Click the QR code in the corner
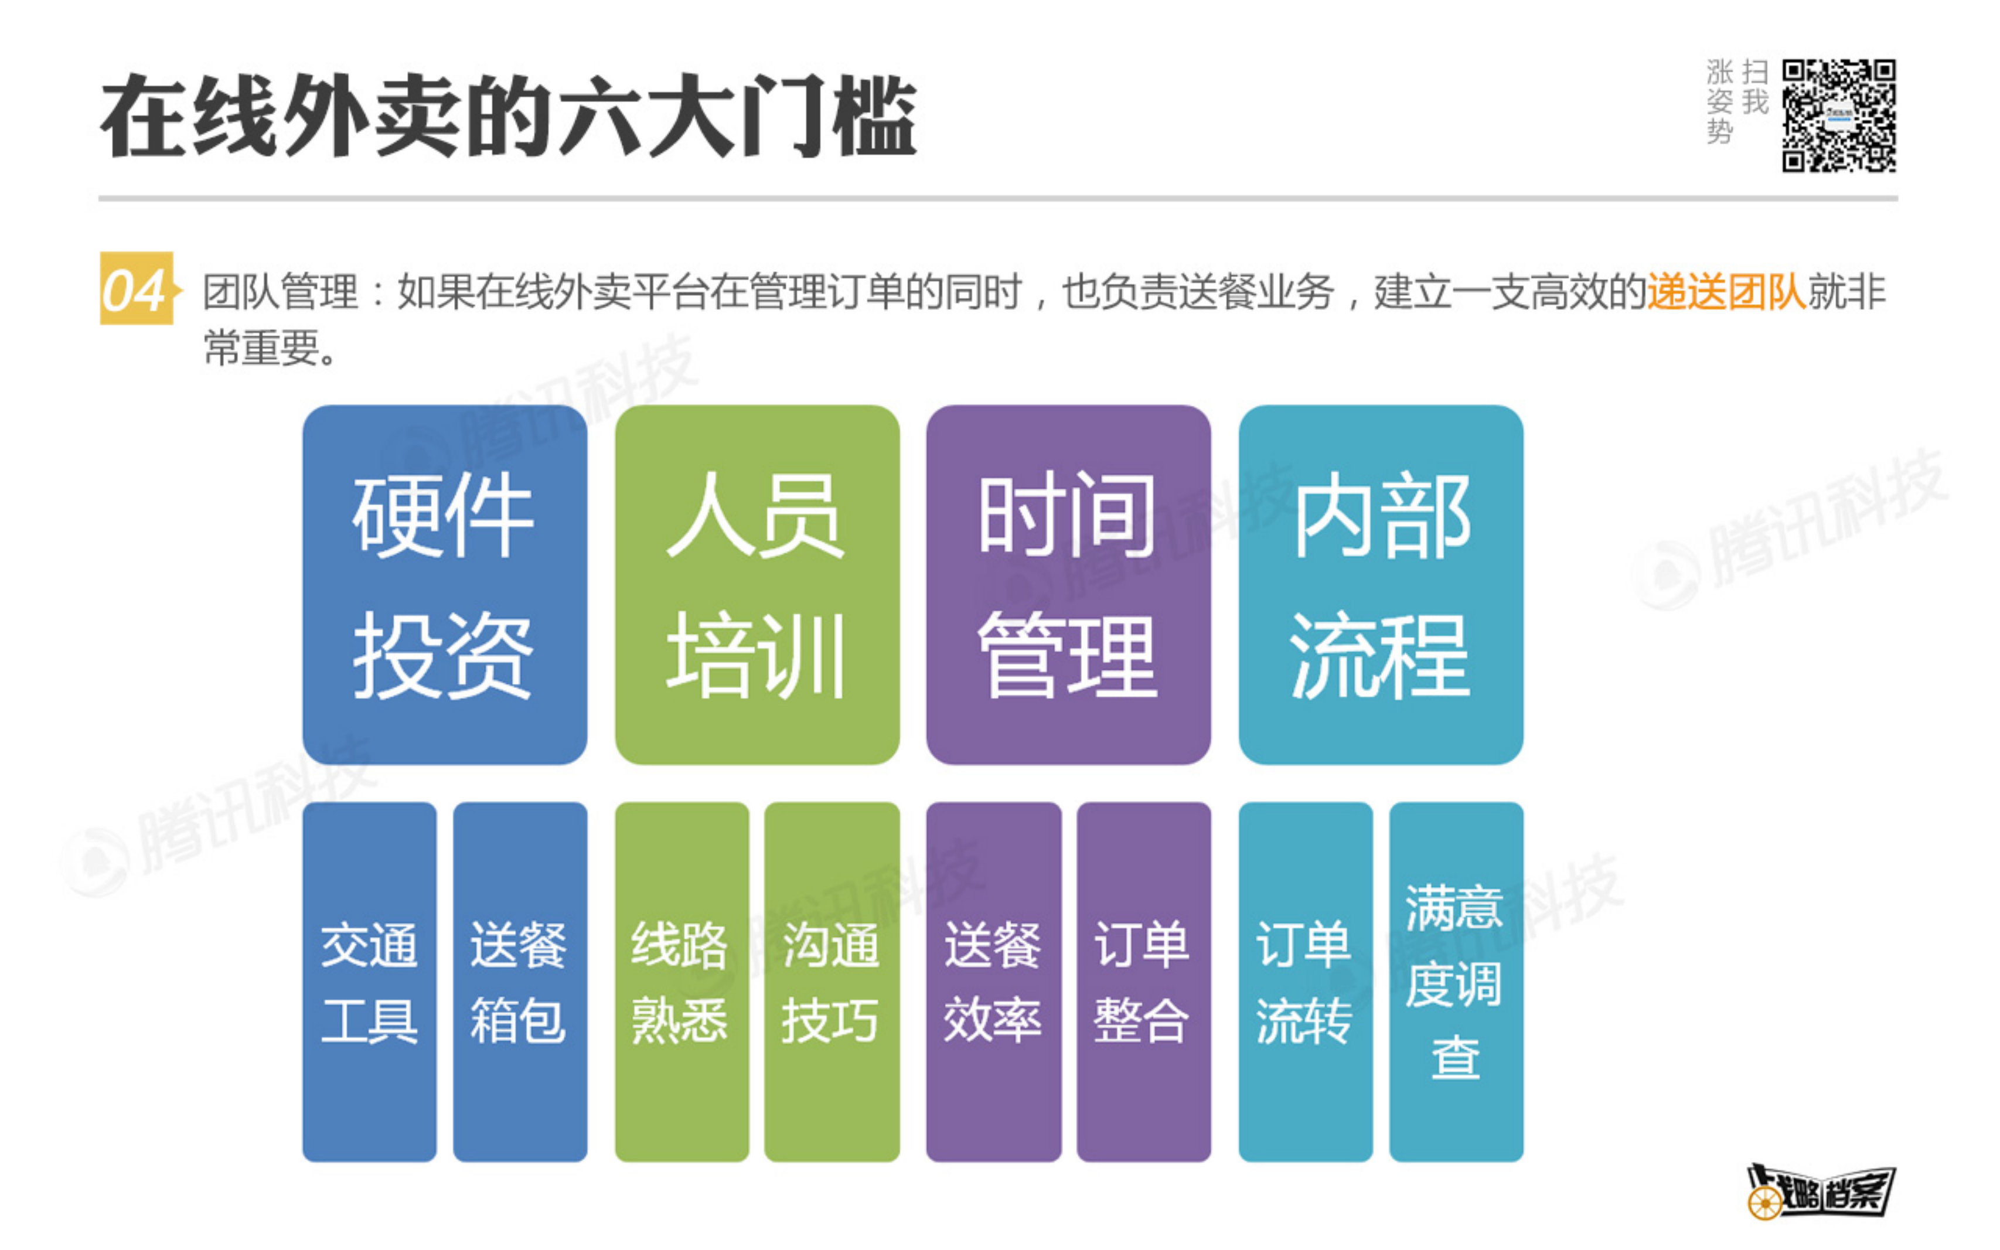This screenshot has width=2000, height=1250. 1838,116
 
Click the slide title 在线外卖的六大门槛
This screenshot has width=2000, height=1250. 508,116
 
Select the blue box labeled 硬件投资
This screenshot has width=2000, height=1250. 445,584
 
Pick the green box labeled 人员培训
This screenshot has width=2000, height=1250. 757,584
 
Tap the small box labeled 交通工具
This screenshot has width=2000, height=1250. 369,982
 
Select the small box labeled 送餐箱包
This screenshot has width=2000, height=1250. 520,982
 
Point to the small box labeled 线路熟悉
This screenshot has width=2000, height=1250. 682,982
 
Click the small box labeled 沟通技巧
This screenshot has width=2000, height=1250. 832,982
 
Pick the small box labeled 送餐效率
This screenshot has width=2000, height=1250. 993,982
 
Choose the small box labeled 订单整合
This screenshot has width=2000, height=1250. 1143,982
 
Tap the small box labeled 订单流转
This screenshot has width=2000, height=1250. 1305,982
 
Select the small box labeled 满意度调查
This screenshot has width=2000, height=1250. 1456,982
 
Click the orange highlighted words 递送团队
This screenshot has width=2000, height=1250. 1726,292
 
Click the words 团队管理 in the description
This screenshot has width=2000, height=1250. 281,292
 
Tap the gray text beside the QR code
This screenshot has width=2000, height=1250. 1736,101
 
